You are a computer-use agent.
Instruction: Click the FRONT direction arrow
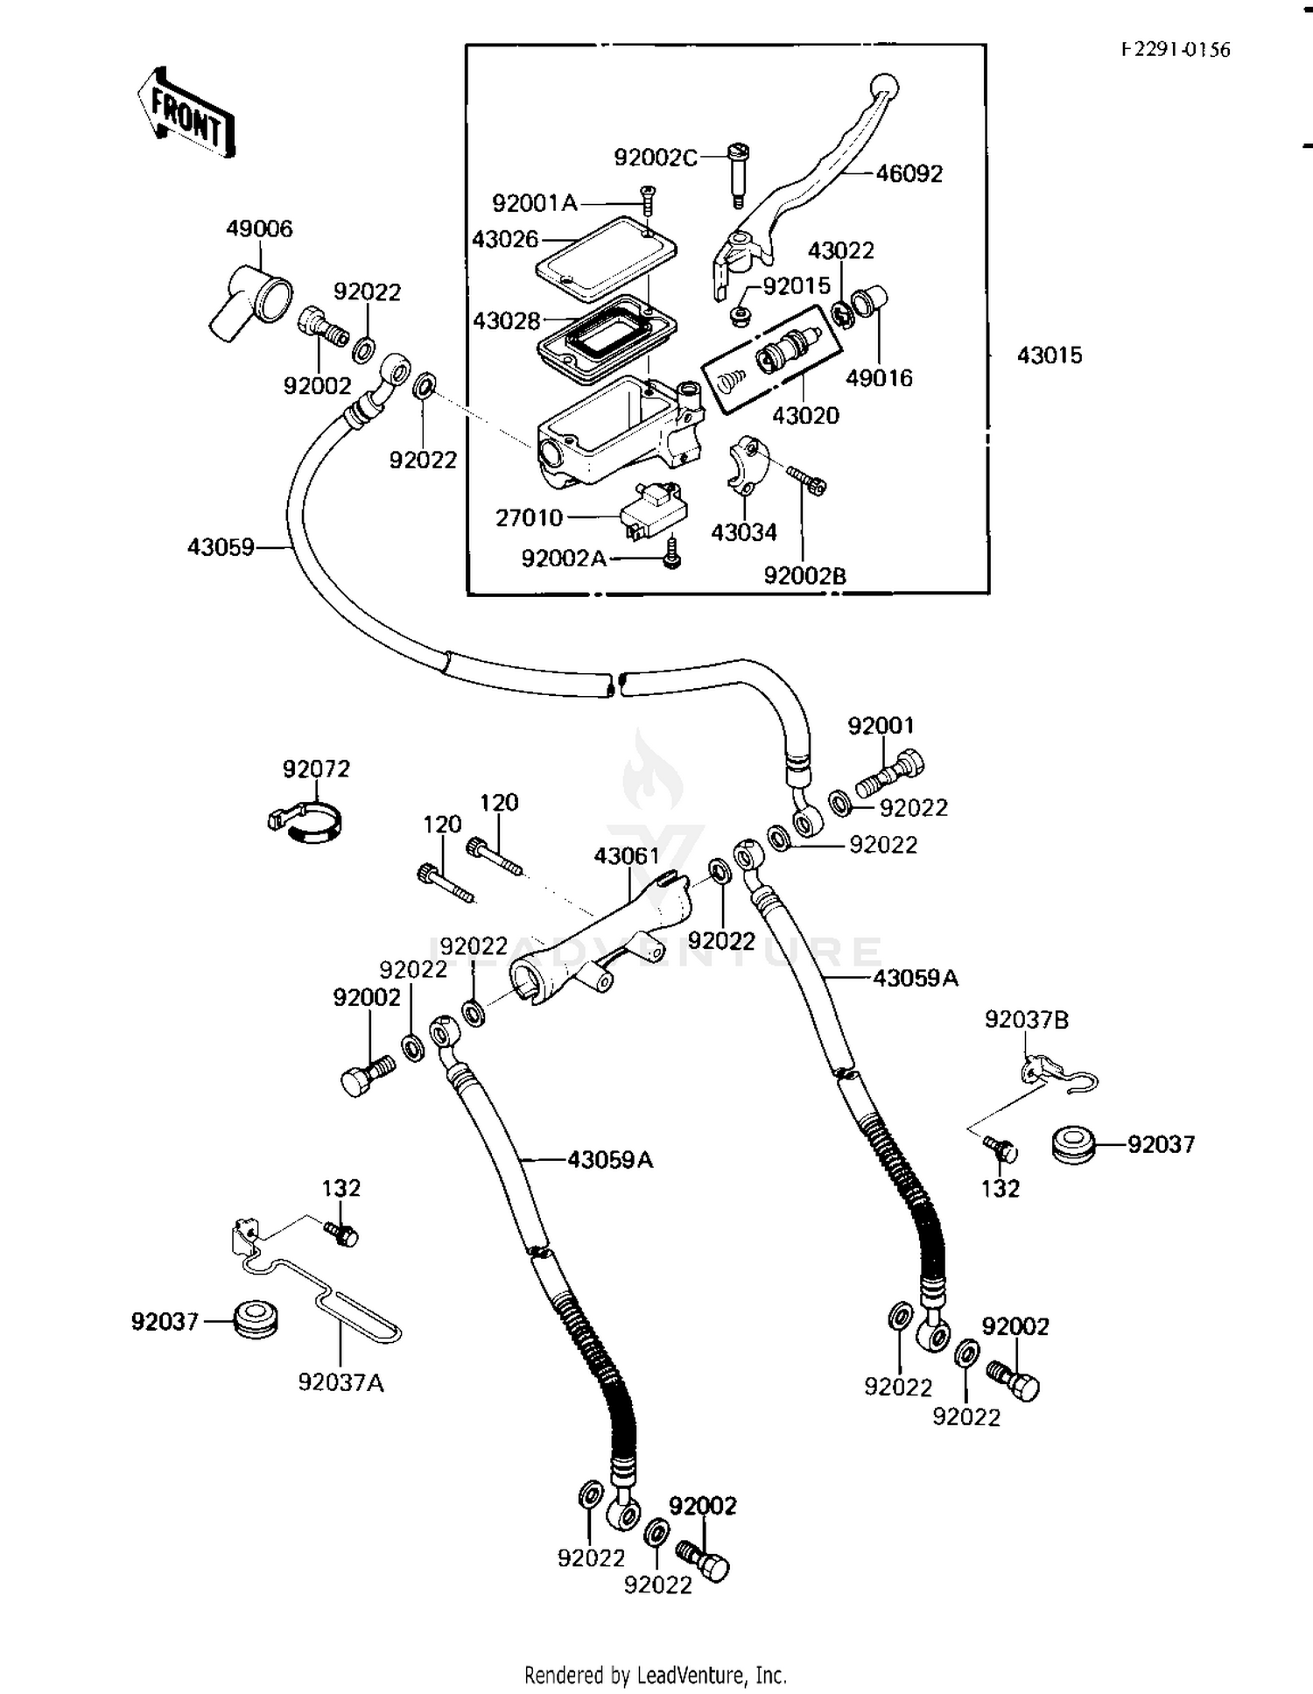click(186, 113)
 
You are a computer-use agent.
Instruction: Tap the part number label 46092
click(909, 173)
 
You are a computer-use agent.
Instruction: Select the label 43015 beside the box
click(1049, 355)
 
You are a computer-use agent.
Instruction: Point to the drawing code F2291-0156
click(1176, 50)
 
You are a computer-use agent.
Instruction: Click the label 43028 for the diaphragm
click(506, 320)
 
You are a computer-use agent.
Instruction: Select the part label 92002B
click(804, 576)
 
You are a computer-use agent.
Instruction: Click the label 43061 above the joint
click(627, 855)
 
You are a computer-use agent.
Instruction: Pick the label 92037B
click(1026, 1019)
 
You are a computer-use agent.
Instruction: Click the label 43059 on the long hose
click(221, 547)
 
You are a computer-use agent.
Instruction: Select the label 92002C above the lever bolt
click(656, 158)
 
